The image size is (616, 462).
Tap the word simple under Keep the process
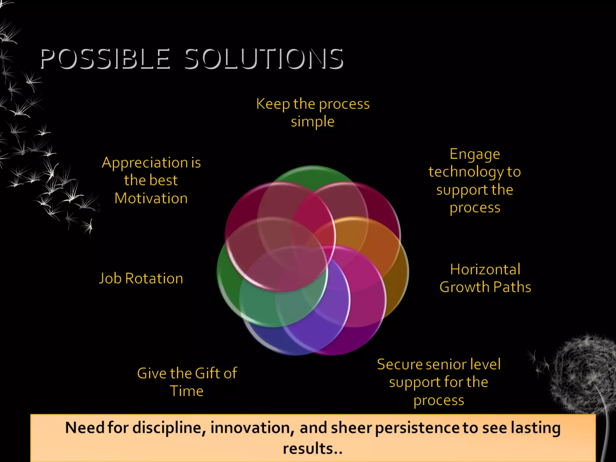313,122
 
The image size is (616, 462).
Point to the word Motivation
151,199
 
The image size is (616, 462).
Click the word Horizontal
485,269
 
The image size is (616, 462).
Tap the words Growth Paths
485,287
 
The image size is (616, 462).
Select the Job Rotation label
141,278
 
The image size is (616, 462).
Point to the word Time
186,391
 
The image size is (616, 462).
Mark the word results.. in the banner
313,448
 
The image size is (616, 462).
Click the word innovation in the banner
252,428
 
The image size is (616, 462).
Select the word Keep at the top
273,104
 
